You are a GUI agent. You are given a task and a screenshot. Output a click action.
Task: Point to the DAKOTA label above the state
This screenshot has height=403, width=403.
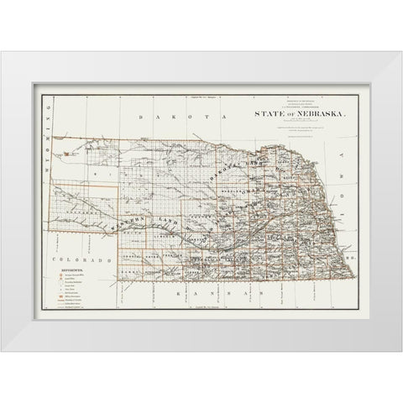pos(160,118)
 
